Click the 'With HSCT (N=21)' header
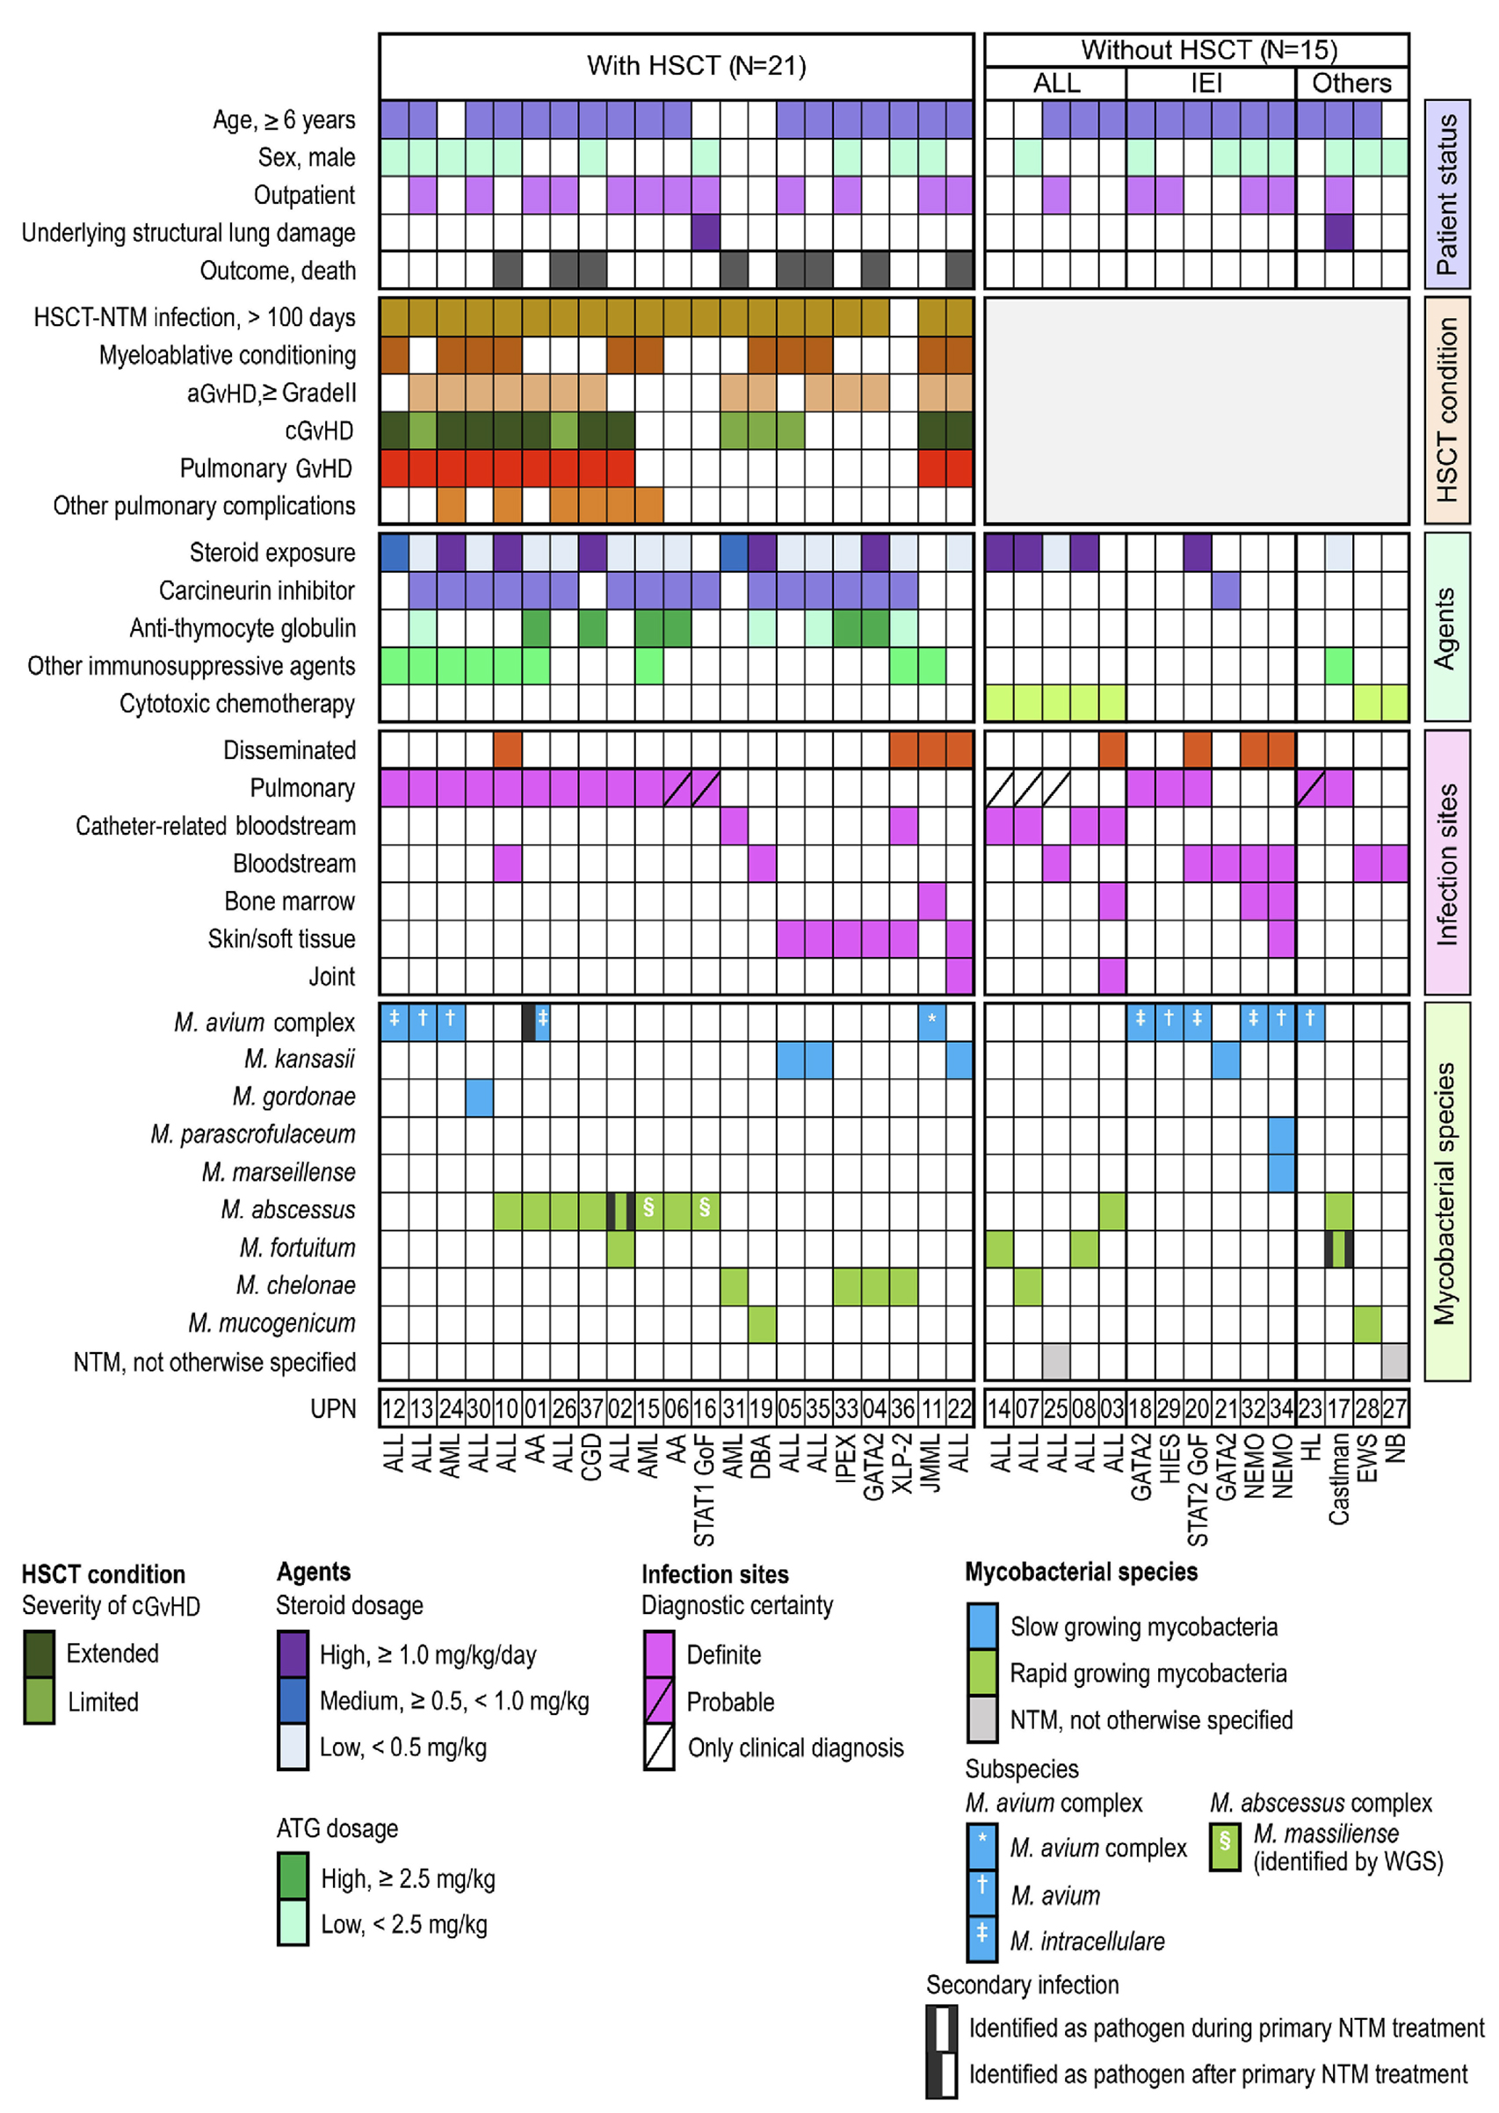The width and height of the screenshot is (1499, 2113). pyautogui.click(x=696, y=66)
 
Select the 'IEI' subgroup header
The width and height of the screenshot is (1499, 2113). pyautogui.click(x=1206, y=83)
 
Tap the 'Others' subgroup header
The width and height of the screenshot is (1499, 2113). pyautogui.click(x=1351, y=83)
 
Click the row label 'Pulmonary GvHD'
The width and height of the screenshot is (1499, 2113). pyautogui.click(x=266, y=469)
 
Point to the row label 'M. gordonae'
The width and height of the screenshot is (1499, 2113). pyautogui.click(x=293, y=1096)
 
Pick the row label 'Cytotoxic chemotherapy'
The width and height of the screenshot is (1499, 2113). pyautogui.click(x=237, y=704)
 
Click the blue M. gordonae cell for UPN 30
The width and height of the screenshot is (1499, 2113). pyautogui.click(x=479, y=1097)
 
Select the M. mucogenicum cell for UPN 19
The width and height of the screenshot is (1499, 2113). pyautogui.click(x=762, y=1323)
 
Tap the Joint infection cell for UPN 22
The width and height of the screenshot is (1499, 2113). pyautogui.click(x=959, y=976)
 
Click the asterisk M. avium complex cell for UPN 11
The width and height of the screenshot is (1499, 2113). pyautogui.click(x=931, y=1022)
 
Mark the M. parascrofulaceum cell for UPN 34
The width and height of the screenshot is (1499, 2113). pyautogui.click(x=1281, y=1135)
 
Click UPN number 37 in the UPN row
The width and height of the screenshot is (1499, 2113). pyautogui.click(x=591, y=1409)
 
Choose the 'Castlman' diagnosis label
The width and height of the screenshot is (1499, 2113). pyautogui.click(x=1338, y=1477)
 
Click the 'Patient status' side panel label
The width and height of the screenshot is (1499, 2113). pyautogui.click(x=1446, y=194)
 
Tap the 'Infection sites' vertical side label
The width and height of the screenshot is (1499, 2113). pyautogui.click(x=1446, y=864)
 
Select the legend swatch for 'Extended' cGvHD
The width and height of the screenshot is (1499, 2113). pyautogui.click(x=39, y=1653)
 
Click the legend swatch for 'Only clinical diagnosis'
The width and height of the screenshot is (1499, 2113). pyautogui.click(x=659, y=1747)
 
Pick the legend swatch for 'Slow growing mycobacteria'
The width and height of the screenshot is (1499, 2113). pyautogui.click(x=982, y=1627)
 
